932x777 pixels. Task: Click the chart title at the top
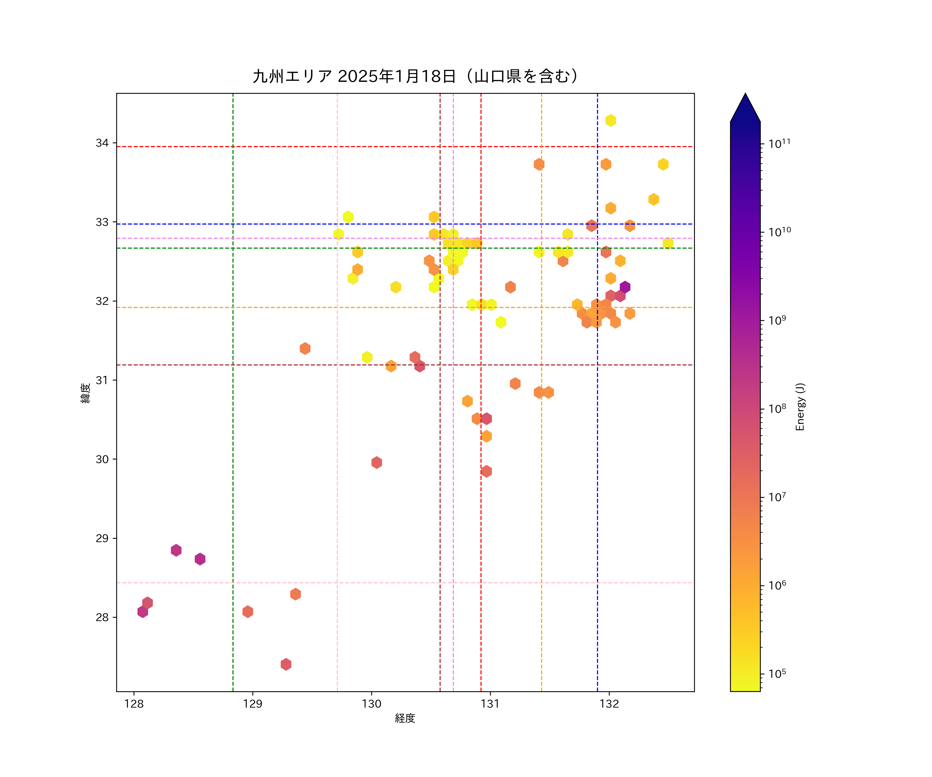click(x=416, y=76)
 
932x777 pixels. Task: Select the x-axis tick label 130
click(x=372, y=704)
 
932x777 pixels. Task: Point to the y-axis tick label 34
click(x=102, y=143)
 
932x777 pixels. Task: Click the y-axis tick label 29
click(x=102, y=538)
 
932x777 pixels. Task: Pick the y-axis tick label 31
click(x=102, y=380)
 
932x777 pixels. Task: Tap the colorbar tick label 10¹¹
click(x=779, y=143)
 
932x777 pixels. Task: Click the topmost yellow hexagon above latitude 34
click(x=611, y=120)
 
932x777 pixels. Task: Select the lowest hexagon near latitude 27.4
click(x=286, y=664)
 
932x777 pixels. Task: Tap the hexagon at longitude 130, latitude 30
click(x=376, y=462)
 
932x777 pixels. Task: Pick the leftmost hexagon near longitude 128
click(x=142, y=612)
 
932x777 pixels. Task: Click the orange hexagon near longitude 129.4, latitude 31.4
click(x=305, y=349)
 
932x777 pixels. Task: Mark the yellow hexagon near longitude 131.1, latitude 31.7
click(x=501, y=322)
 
